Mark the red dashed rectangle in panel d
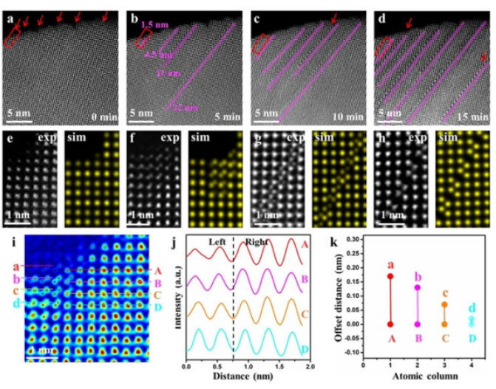click(383, 47)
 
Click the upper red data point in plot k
click(390, 276)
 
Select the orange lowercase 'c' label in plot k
click(444, 293)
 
